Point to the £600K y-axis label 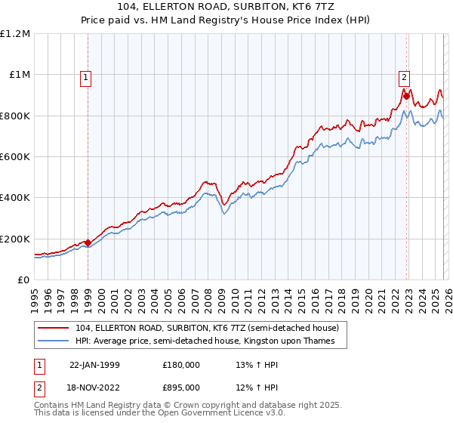pyautogui.click(x=16, y=157)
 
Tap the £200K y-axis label pyautogui.click(x=16, y=239)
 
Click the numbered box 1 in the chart pyautogui.click(x=85, y=76)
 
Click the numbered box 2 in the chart pyautogui.click(x=404, y=76)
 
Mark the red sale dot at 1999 pyautogui.click(x=88, y=242)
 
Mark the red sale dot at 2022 pyautogui.click(x=405, y=96)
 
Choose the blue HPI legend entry pyautogui.click(x=211, y=341)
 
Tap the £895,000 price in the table pyautogui.click(x=180, y=387)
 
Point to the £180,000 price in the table pyautogui.click(x=180, y=364)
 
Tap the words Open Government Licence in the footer pyautogui.click(x=219, y=414)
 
